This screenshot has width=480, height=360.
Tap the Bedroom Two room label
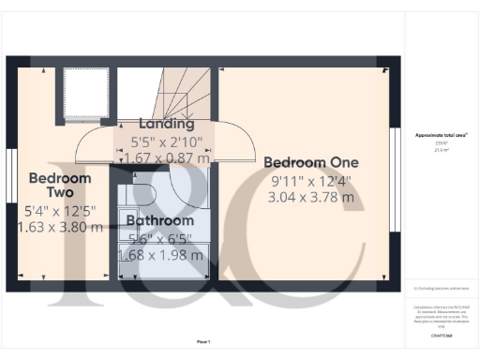[59, 185]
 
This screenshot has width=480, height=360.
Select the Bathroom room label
[160, 220]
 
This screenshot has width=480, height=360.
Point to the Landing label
[167, 124]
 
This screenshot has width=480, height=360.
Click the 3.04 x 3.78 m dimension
[311, 197]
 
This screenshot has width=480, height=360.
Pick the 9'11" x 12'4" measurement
[311, 180]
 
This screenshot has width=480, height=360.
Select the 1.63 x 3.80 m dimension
[59, 226]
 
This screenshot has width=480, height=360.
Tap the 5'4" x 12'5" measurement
[59, 210]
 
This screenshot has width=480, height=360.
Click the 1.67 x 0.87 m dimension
[167, 158]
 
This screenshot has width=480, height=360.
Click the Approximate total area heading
[442, 135]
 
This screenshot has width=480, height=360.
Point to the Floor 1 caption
[202, 341]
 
